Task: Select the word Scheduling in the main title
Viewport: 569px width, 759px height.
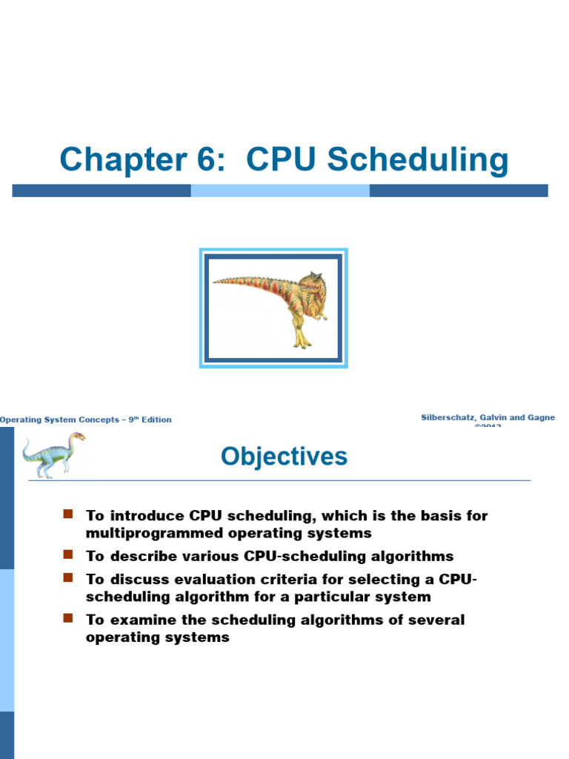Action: pyautogui.click(x=419, y=160)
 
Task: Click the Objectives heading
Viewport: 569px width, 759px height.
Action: pyautogui.click(x=284, y=457)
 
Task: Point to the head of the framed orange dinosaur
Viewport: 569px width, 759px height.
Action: pyautogui.click(x=311, y=283)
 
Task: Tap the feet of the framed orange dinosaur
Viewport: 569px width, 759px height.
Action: pyautogui.click(x=302, y=342)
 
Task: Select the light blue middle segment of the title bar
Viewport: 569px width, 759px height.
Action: pyautogui.click(x=280, y=190)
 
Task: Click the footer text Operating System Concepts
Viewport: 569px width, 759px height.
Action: pyautogui.click(x=59, y=420)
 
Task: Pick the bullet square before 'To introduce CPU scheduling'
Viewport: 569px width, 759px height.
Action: pyautogui.click(x=68, y=514)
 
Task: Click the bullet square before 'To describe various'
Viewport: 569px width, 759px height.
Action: pyautogui.click(x=68, y=554)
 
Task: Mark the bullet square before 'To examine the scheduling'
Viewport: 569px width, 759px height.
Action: pyautogui.click(x=68, y=617)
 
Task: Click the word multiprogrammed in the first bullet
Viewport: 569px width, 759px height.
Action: pyautogui.click(x=142, y=533)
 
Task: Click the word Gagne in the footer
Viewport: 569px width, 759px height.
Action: pyautogui.click(x=538, y=418)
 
